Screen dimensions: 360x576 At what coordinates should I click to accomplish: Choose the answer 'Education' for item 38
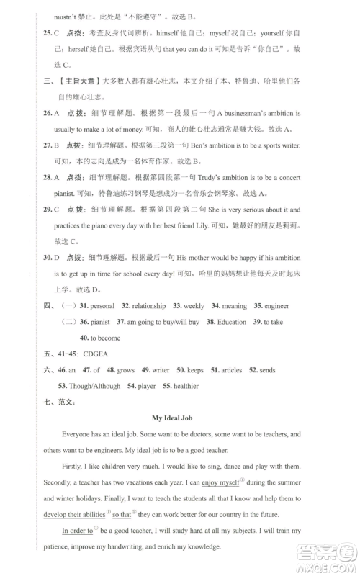232,322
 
